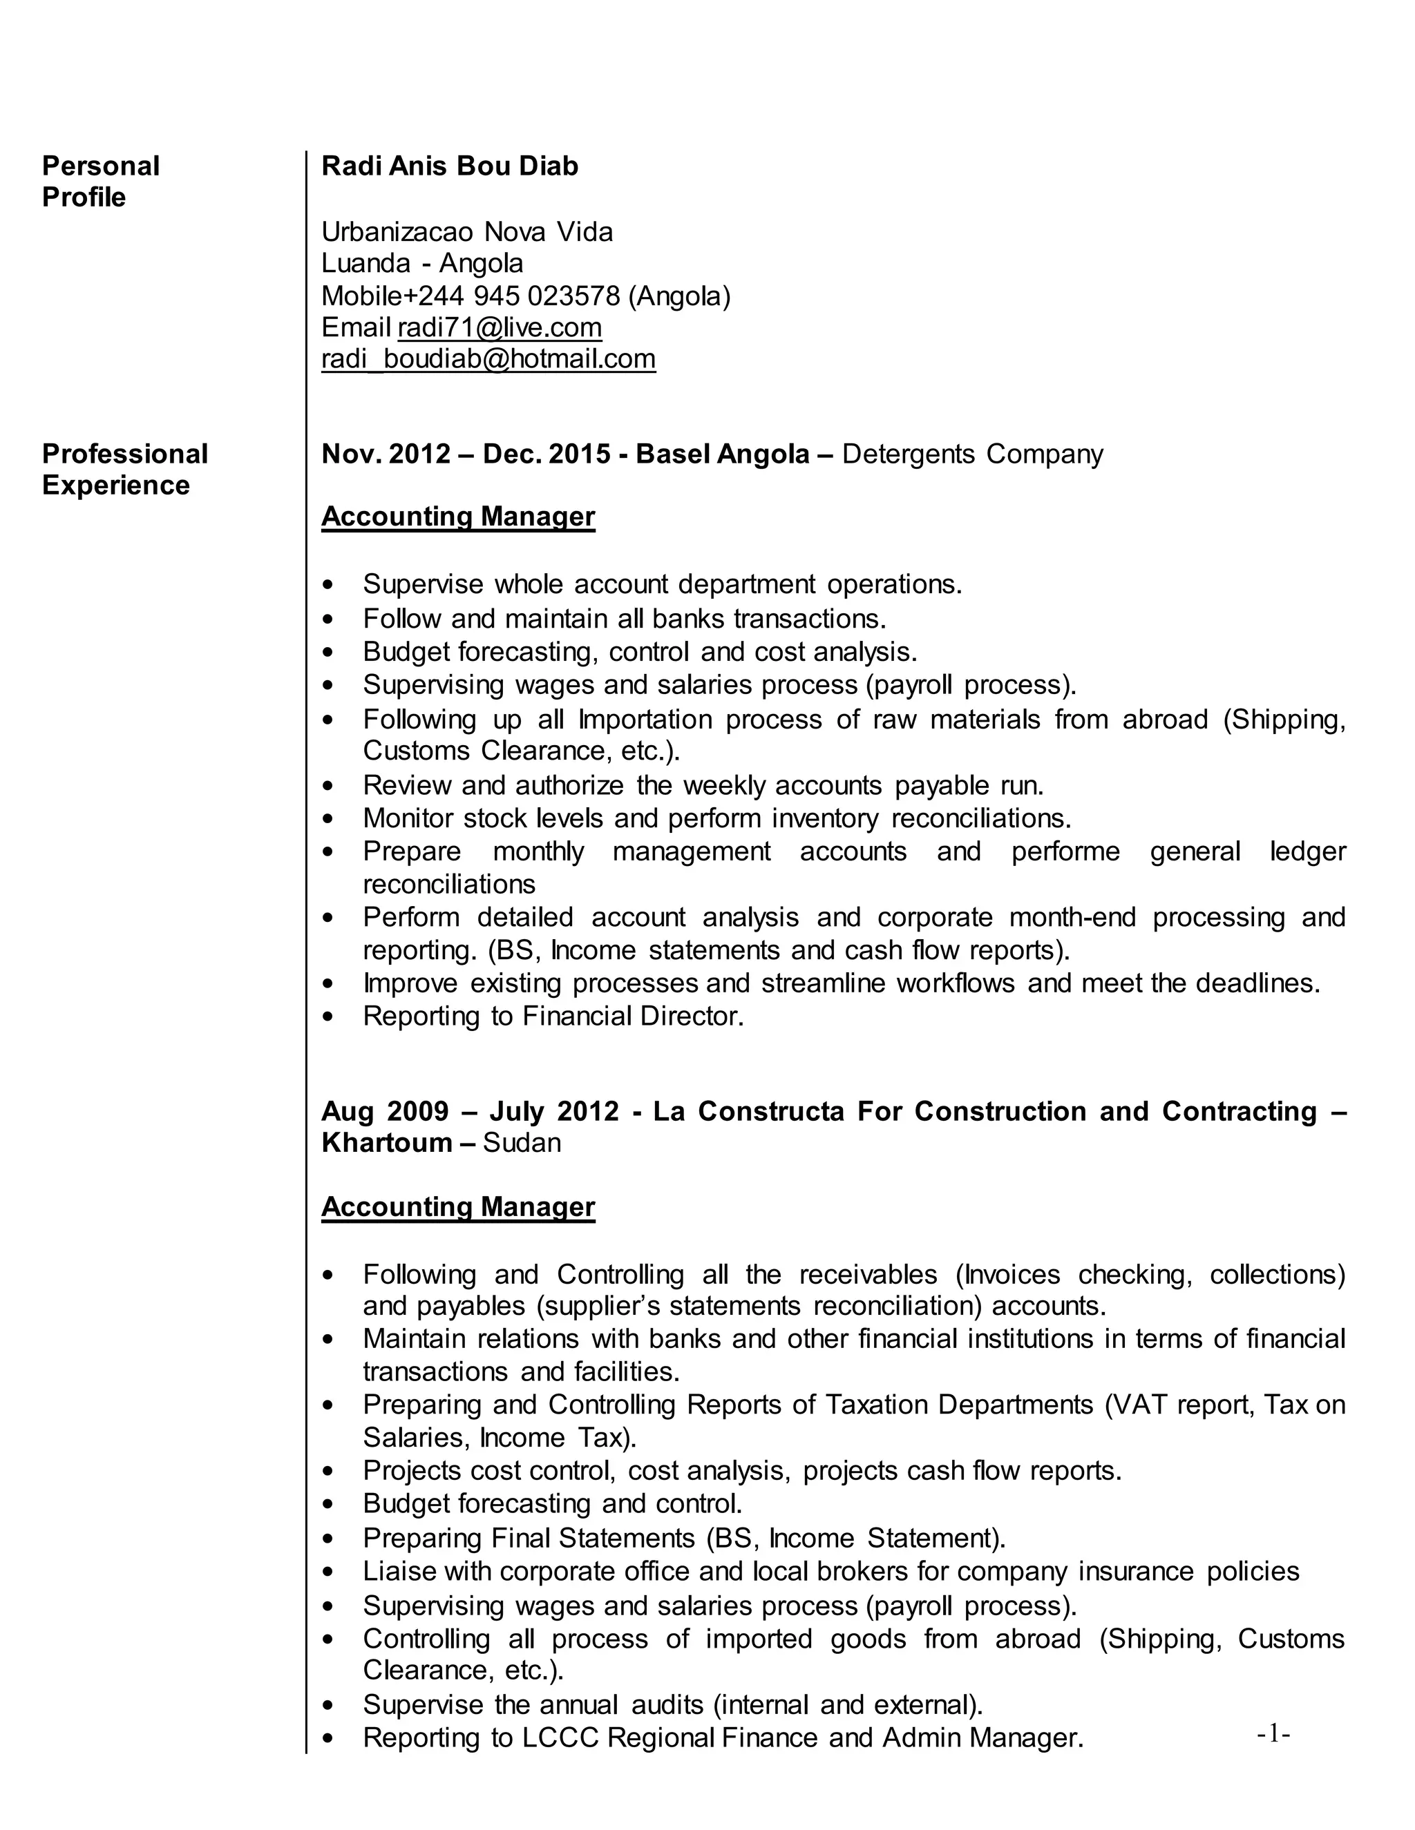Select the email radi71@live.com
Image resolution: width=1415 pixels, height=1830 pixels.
[x=500, y=327]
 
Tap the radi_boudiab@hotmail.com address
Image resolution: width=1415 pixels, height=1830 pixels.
[x=488, y=358]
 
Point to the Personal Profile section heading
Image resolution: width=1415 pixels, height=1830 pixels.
[x=101, y=181]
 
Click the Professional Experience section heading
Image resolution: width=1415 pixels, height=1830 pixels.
[x=124, y=469]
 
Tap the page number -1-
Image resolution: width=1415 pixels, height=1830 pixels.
[x=1273, y=1733]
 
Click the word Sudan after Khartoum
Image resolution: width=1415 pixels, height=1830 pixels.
[x=522, y=1143]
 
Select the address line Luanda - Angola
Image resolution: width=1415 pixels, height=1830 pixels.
[x=421, y=263]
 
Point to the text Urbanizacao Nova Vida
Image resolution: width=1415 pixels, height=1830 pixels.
[x=467, y=231]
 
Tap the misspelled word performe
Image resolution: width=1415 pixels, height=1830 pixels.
[x=1065, y=851]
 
